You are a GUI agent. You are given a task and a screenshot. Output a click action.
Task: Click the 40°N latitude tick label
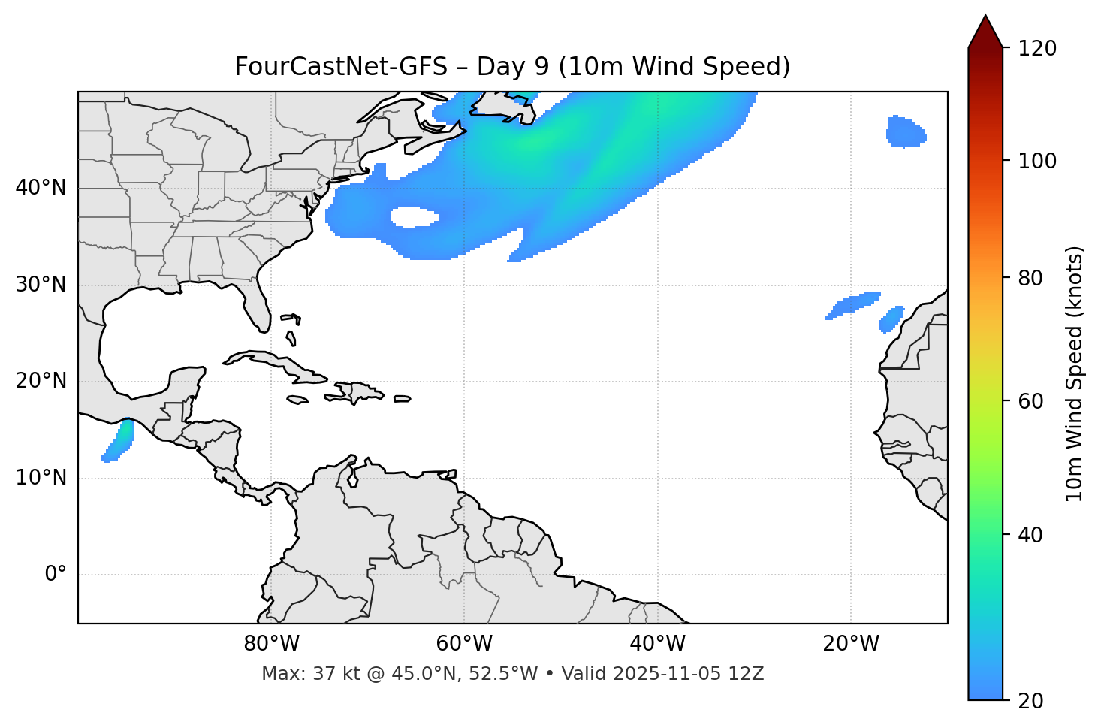(41, 188)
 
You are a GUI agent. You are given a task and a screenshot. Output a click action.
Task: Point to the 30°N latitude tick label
(41, 285)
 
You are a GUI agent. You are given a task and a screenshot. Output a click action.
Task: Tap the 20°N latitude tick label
(41, 381)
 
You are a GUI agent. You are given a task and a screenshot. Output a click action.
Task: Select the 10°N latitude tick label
(41, 478)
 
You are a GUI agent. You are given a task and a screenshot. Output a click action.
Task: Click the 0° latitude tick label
(56, 575)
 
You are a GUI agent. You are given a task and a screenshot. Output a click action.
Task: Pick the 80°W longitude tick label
(271, 644)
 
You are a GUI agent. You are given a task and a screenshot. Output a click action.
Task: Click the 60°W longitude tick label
(464, 644)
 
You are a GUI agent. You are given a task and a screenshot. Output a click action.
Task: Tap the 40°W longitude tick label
(657, 644)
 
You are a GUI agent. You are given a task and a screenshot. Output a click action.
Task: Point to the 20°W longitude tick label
(851, 644)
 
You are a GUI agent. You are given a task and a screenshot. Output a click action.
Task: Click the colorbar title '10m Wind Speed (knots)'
(1075, 373)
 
